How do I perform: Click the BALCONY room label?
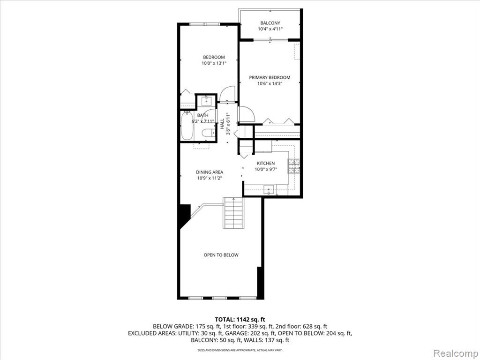tap(270, 23)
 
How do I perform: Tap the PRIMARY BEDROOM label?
tap(270, 77)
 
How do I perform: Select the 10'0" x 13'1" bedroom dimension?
tap(214, 63)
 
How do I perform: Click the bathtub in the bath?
tap(187, 126)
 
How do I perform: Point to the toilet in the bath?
tap(208, 133)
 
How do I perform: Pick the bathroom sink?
tap(207, 100)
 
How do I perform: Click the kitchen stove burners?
tap(294, 166)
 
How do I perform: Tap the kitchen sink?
tap(269, 190)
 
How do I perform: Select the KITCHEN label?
tap(266, 163)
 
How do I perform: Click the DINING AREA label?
tap(210, 172)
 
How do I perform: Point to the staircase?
tap(233, 213)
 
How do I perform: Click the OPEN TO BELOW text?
tap(221, 255)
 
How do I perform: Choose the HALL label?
tap(222, 124)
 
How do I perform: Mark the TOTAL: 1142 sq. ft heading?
tap(240, 320)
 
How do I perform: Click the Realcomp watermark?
tap(456, 353)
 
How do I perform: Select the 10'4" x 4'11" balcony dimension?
tap(270, 29)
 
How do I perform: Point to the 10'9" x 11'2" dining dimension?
tap(210, 178)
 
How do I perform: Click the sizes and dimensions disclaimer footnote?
tap(240, 350)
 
